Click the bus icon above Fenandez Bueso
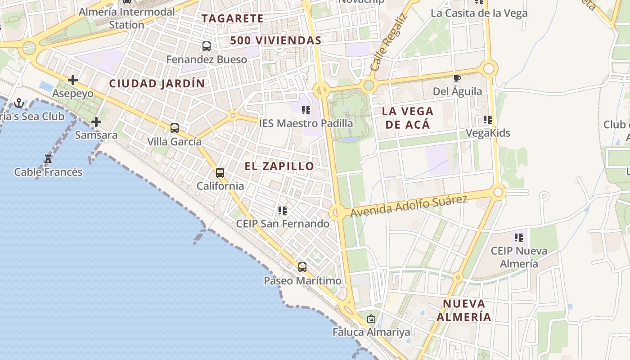[207, 46]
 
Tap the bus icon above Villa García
[175, 128]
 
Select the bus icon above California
[220, 173]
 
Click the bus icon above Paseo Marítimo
[302, 267]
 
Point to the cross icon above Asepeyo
[73, 81]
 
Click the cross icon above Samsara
[96, 122]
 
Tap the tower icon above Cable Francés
[48, 158]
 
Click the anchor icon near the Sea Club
[19, 103]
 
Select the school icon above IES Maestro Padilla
[306, 110]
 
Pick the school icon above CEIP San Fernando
[283, 211]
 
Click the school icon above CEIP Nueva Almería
[519, 237]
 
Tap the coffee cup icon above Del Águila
[457, 79]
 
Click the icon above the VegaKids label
[488, 120]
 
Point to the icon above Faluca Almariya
[371, 319]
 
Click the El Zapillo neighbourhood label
[279, 166]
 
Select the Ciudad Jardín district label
[157, 83]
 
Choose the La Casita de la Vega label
[479, 13]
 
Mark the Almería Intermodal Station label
[127, 18]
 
